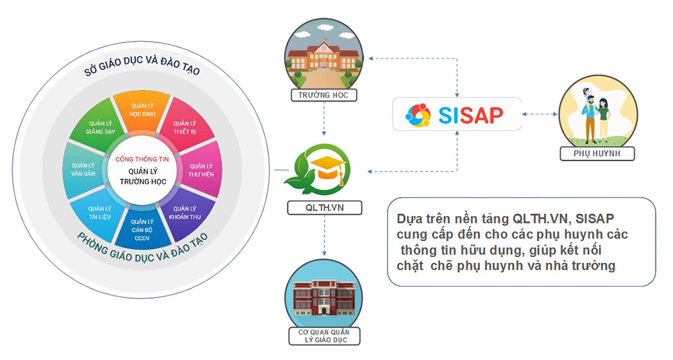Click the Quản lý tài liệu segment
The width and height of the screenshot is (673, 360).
coord(100,213)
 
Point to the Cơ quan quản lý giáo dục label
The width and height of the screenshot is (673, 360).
coord(324,336)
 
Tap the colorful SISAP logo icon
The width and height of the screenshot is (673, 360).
coord(417,115)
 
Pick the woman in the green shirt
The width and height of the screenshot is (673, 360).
coord(604,118)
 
